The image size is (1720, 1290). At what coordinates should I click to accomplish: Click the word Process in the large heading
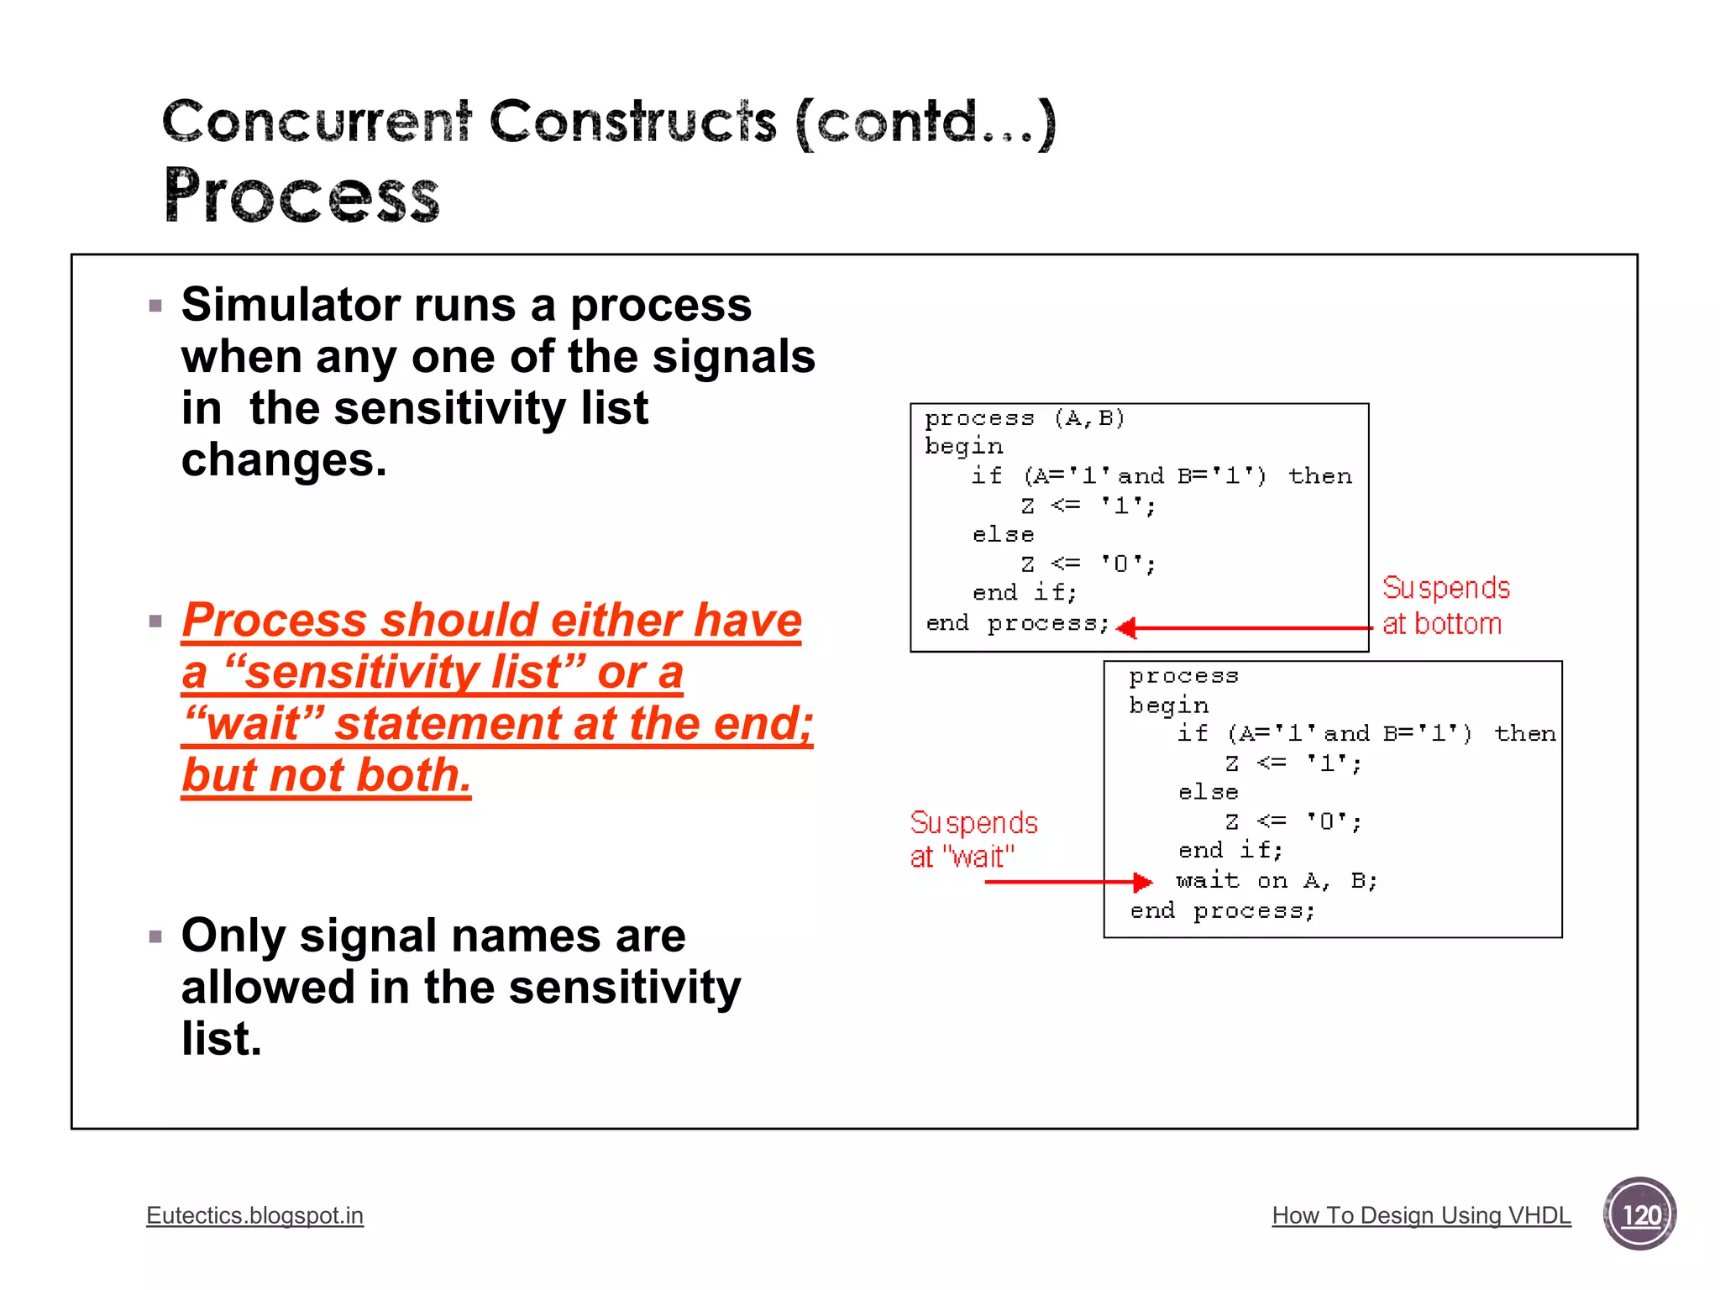302,195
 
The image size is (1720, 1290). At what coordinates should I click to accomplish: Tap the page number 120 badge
1639,1214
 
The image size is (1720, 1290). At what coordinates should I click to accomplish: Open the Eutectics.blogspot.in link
254,1215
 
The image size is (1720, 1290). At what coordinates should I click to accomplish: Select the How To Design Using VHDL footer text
1421,1215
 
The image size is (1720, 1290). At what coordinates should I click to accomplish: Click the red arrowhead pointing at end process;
1128,627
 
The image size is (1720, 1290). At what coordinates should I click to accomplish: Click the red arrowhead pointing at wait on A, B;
1142,882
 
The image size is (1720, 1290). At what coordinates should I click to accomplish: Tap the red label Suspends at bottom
1445,606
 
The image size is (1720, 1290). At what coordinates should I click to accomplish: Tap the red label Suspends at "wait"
973,839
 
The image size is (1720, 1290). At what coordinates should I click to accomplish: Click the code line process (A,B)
1024,417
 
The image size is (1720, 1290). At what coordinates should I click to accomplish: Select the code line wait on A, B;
1276,880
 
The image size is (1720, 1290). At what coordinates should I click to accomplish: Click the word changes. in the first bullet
284,459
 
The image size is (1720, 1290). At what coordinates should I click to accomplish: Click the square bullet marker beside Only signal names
155,936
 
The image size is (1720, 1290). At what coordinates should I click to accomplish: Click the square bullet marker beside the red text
155,621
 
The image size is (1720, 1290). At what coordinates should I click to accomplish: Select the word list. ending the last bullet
222,1039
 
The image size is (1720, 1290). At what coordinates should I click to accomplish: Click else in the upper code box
1003,534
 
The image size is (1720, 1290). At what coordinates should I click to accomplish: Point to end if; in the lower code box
1230,850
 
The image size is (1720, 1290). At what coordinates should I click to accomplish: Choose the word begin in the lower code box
1168,705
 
